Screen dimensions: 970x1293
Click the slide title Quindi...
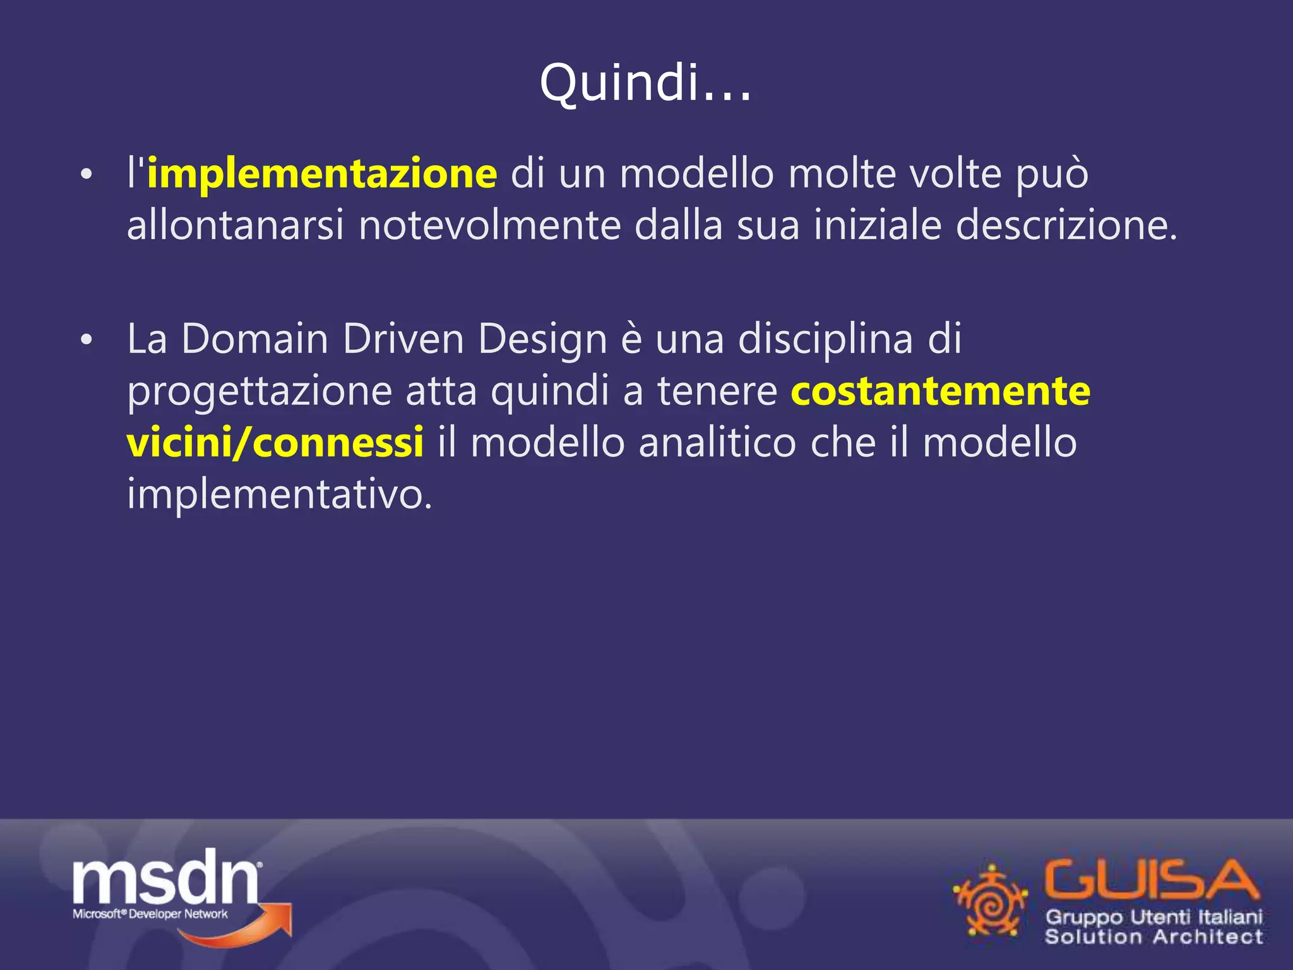[645, 83]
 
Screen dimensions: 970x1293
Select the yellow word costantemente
[940, 391]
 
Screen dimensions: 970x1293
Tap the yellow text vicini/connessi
[275, 442]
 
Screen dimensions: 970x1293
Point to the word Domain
[254, 339]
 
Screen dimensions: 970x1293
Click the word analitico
[717, 442]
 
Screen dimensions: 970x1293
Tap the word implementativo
[280, 494]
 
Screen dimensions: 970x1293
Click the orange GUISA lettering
[1151, 880]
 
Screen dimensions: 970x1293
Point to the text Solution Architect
[1153, 937]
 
